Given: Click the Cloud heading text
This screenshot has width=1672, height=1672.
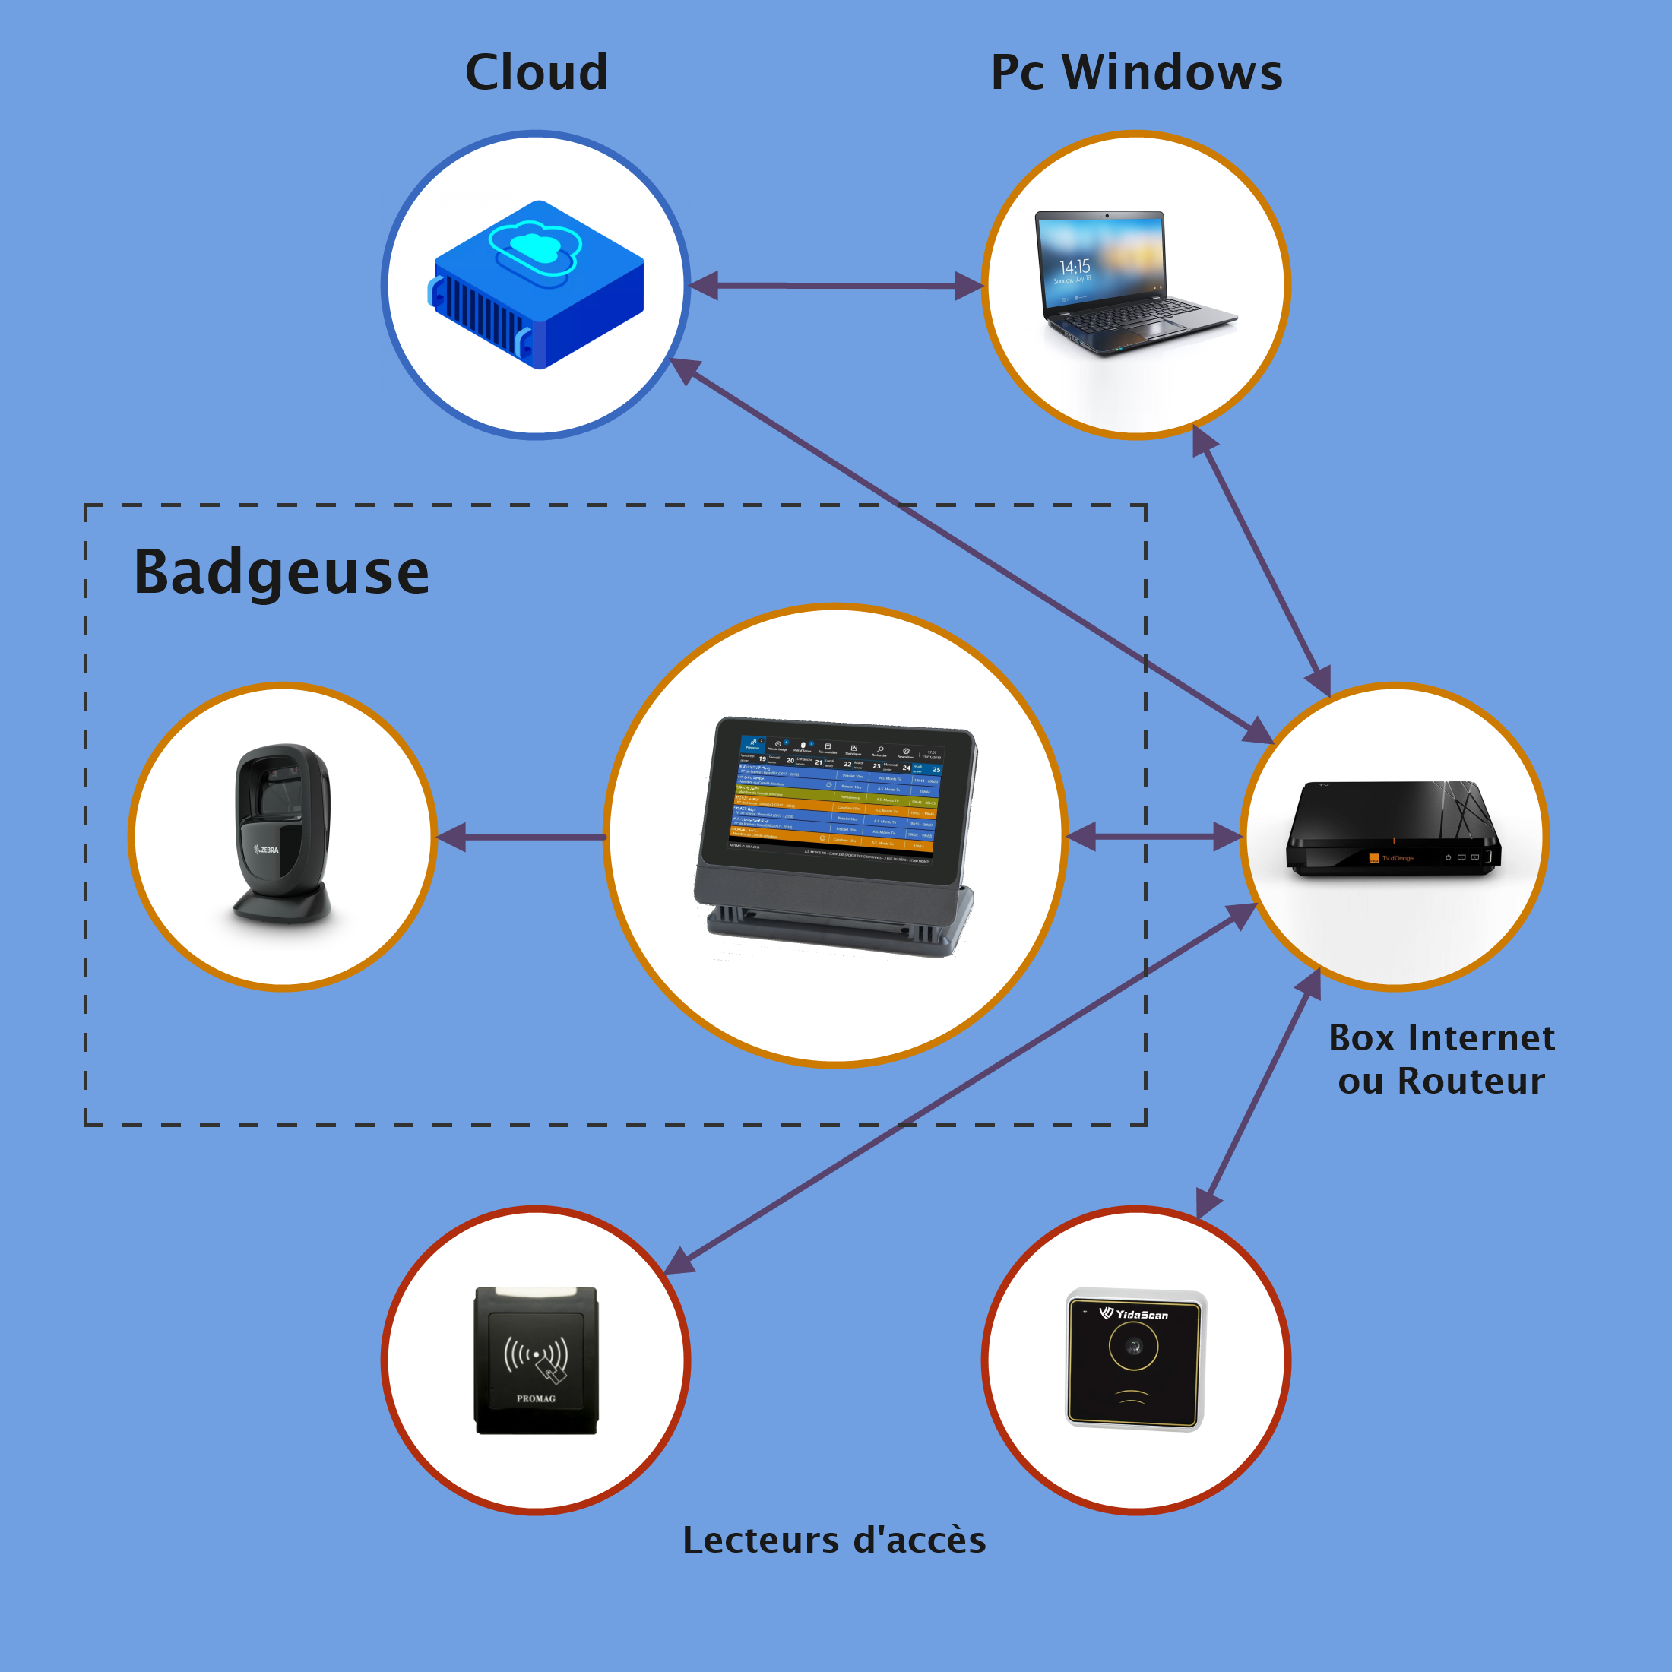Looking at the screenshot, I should [x=536, y=72].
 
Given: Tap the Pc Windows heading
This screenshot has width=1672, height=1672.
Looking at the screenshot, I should [x=1135, y=72].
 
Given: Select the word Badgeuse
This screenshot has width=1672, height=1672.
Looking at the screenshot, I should [x=281, y=573].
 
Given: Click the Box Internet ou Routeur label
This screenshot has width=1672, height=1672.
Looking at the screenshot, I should [x=1441, y=1059].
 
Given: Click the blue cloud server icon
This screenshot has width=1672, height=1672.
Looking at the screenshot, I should [x=537, y=286].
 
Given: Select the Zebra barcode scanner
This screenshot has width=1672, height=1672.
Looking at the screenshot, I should [x=282, y=834].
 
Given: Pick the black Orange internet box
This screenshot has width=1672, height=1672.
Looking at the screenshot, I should [x=1393, y=831].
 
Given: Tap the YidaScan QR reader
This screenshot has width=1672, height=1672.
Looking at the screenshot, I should [x=1135, y=1359].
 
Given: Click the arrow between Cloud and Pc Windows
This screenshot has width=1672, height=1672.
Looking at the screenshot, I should [x=836, y=286].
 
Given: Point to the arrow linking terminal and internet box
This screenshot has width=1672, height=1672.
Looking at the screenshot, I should [x=1154, y=837].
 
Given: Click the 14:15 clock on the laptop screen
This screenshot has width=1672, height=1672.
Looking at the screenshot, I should [x=1075, y=267].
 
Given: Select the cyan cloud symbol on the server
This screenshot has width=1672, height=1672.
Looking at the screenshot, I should [x=533, y=247].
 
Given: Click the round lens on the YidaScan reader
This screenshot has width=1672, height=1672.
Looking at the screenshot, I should [x=1133, y=1347].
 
